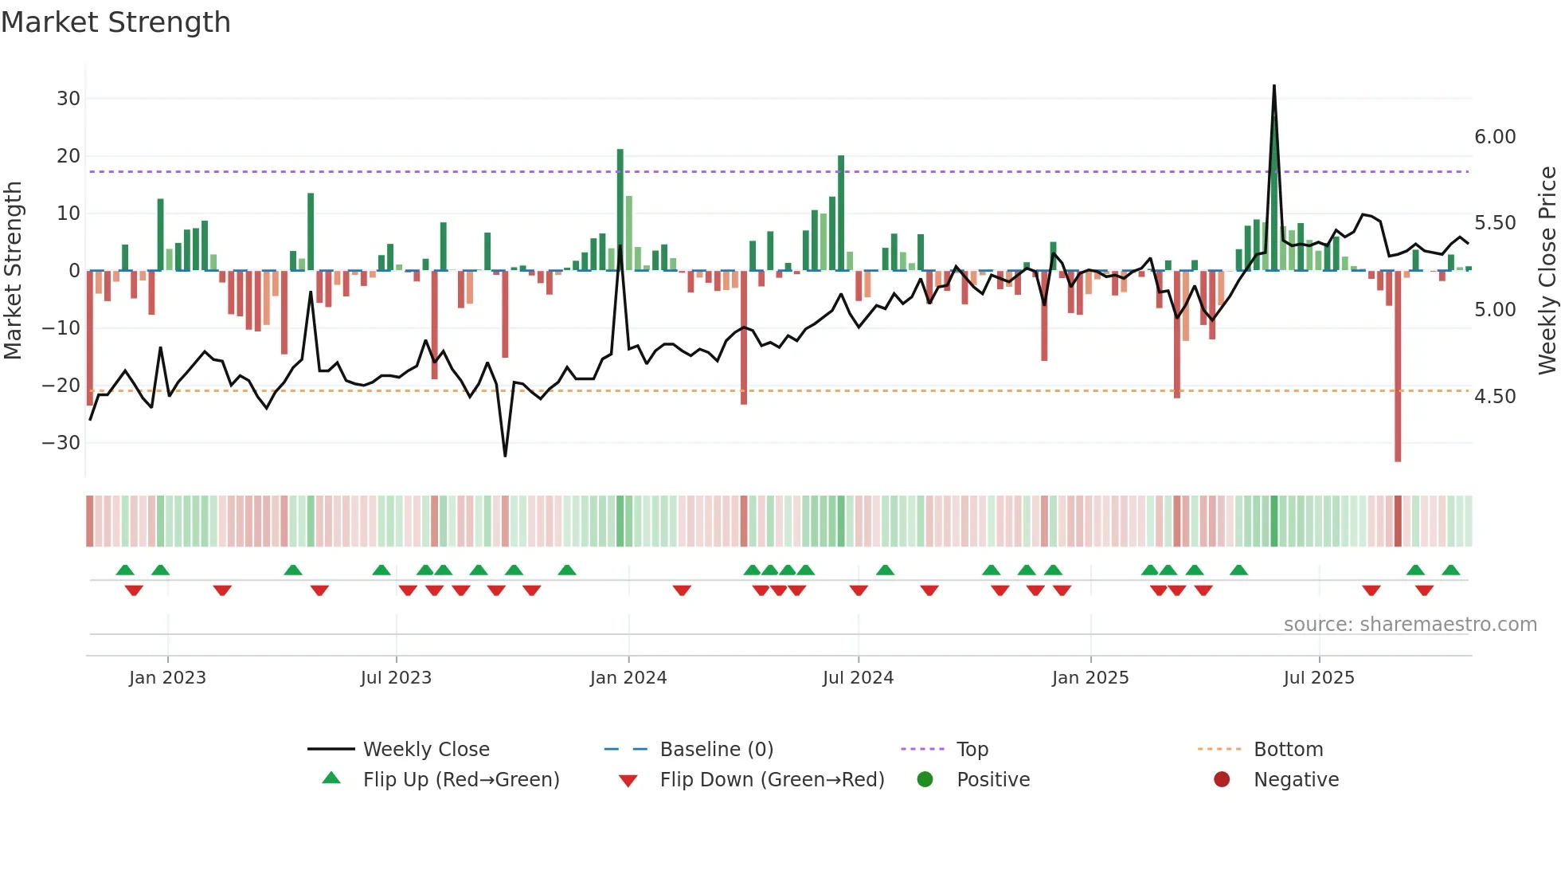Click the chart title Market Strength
click(115, 22)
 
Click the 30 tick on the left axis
click(68, 99)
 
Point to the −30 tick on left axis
click(61, 443)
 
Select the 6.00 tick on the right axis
click(1495, 137)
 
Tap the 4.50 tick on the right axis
click(1495, 397)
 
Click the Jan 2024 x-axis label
click(628, 678)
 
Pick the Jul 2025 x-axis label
click(1318, 678)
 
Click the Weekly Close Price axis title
click(1547, 271)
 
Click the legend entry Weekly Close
click(426, 750)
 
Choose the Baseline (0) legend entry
click(716, 750)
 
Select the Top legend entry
click(972, 750)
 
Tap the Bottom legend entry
click(1288, 750)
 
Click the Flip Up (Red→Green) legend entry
click(461, 780)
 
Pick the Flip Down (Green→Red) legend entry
click(772, 780)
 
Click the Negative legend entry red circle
click(1222, 780)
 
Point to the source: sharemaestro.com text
click(1410, 625)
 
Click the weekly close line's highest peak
click(1274, 86)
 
